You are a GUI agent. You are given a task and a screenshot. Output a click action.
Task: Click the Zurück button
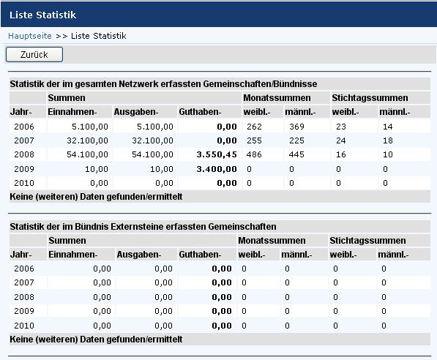34,54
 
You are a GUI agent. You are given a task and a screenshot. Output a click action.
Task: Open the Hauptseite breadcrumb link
30,36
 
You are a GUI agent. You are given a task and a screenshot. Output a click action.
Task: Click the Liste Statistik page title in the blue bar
42,15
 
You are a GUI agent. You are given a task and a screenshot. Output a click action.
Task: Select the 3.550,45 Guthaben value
217,154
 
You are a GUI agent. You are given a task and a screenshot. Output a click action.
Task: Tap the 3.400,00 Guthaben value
217,169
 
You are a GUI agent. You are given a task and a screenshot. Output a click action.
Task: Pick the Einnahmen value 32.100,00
87,140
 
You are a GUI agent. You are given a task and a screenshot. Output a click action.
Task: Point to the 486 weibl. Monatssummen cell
254,154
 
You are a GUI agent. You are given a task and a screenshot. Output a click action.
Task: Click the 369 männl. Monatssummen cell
296,127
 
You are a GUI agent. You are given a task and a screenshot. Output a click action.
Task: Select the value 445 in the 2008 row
296,154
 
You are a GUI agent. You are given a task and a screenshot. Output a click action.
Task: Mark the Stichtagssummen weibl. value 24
341,140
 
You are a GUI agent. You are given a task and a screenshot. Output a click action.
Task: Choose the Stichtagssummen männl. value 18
388,140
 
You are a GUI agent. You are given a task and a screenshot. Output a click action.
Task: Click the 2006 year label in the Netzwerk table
24,127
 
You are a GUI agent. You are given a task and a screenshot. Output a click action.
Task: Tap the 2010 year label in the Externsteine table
24,326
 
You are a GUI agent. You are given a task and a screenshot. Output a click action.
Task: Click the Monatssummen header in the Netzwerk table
277,98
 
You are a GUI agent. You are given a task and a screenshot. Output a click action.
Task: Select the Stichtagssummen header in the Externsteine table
367,241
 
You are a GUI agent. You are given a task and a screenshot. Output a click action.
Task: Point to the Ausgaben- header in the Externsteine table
139,255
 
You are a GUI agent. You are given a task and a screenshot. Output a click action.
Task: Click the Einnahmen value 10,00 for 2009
97,169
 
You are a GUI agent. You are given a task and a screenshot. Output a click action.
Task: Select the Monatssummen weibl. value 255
254,140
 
